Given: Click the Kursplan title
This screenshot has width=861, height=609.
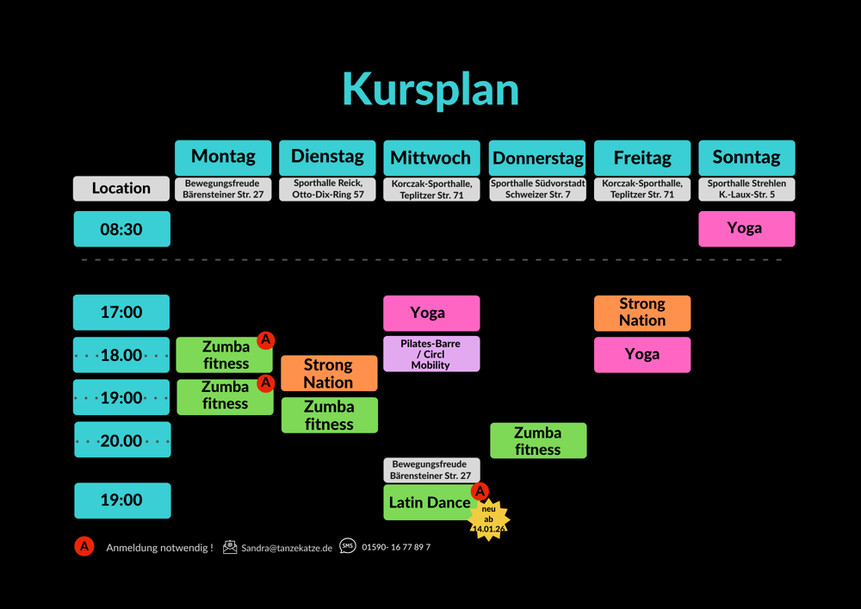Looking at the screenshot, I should [x=430, y=89].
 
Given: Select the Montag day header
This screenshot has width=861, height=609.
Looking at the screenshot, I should [x=223, y=158].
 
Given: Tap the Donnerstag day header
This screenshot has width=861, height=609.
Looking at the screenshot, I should [x=537, y=158].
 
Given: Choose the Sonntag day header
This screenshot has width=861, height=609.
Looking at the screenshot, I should [x=746, y=158].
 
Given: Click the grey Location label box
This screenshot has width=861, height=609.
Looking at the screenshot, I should [x=121, y=189].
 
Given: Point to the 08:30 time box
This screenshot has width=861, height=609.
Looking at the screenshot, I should [x=121, y=229].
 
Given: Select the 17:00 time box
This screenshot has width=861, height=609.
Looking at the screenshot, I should [x=121, y=313].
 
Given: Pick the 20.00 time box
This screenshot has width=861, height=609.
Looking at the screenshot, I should [x=121, y=440].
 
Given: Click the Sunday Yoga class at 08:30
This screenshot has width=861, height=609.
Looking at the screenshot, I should [x=746, y=229].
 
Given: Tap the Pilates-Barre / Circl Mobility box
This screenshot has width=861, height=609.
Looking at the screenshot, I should [x=430, y=354].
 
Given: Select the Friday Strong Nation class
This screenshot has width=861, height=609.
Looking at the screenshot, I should [x=642, y=313].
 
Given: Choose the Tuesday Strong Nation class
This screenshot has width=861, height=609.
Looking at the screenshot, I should [x=328, y=373].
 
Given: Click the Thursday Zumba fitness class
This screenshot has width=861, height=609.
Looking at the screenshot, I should [x=538, y=440].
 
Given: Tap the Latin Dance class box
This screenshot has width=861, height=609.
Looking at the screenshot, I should [x=429, y=503].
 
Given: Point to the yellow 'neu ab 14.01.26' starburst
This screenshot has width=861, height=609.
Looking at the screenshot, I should [x=488, y=520].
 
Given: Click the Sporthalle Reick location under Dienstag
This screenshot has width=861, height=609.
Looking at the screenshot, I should [x=328, y=189].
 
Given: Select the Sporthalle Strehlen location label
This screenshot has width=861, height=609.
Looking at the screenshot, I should [x=746, y=189].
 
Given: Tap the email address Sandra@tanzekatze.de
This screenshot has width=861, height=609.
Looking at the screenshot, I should [x=287, y=548].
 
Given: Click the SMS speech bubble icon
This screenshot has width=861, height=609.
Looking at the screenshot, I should [x=347, y=546].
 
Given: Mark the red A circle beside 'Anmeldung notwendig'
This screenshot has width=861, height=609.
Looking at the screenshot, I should [x=84, y=547].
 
